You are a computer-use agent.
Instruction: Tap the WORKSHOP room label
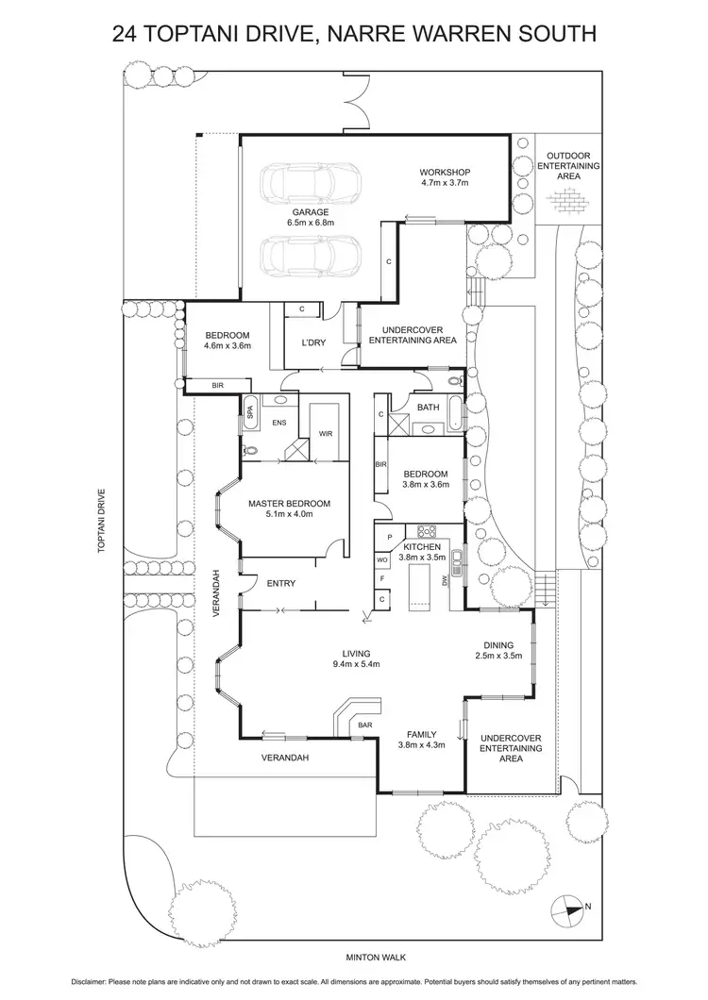click(446, 177)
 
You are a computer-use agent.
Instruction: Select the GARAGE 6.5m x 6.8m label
click(311, 218)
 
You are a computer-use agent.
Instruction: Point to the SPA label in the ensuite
click(250, 410)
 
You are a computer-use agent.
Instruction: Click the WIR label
click(326, 434)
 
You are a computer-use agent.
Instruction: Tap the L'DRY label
click(314, 343)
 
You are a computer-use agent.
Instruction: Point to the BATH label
click(429, 408)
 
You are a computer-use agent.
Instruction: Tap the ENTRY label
click(281, 584)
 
